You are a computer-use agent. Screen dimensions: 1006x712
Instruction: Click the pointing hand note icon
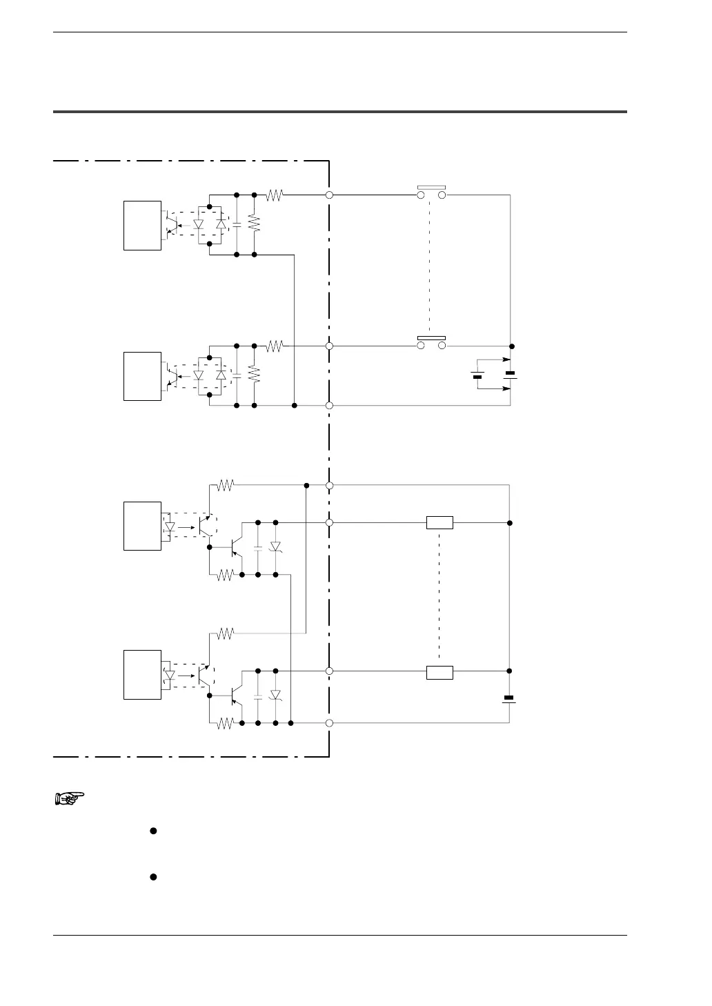click(69, 799)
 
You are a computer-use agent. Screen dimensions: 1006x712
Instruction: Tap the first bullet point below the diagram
click(154, 831)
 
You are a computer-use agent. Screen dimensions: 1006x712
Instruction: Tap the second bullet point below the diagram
click(154, 877)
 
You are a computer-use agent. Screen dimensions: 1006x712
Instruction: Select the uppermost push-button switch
click(432, 192)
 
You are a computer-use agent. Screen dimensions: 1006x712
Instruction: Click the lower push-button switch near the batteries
click(432, 342)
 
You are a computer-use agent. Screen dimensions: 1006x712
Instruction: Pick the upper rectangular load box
click(439, 523)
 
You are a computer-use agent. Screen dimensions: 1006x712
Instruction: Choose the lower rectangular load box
click(439, 671)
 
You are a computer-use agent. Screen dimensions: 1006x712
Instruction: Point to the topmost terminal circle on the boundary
click(330, 195)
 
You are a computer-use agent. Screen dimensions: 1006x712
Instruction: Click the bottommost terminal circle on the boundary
click(330, 723)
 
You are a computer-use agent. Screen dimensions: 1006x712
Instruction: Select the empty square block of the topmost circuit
click(142, 226)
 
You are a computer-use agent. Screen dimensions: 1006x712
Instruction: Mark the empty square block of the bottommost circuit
click(142, 675)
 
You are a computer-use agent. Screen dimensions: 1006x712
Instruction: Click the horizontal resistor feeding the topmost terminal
click(275, 195)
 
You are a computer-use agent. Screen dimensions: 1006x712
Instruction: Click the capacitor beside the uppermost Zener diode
click(257, 547)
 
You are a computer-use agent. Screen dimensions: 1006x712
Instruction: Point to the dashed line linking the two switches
click(430, 267)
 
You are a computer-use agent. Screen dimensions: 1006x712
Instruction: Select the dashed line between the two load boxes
click(439, 597)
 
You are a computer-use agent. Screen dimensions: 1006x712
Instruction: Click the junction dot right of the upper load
click(511, 523)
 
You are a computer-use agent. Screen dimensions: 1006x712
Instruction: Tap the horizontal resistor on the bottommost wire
click(226, 723)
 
